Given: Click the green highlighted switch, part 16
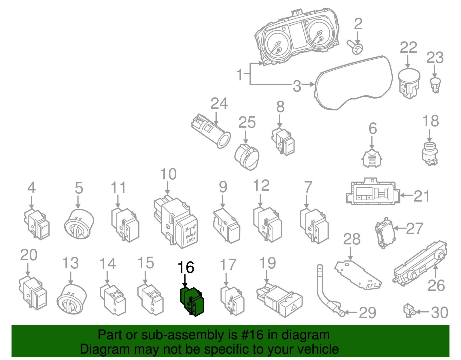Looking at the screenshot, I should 192,301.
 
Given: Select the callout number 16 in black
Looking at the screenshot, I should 186,268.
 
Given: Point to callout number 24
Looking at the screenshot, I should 219,103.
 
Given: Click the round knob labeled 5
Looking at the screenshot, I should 79,224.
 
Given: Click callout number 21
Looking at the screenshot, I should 422,196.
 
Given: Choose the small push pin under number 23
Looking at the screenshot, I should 435,84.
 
